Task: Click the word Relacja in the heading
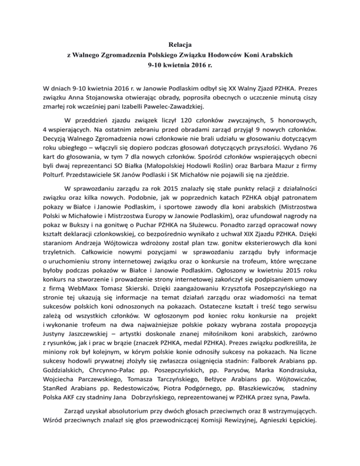click(x=180, y=46)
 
